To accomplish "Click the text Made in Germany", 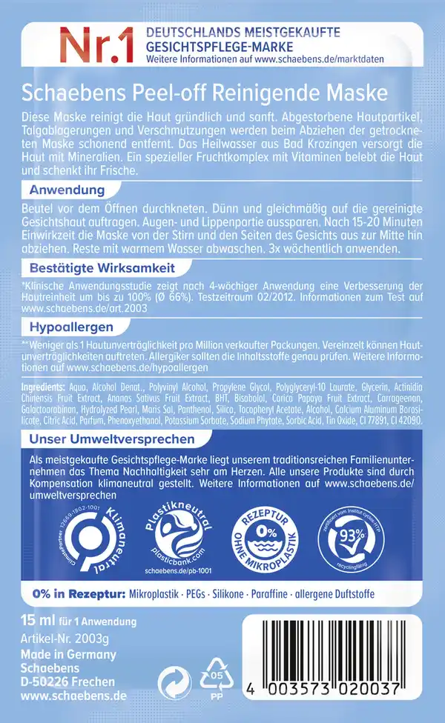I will coord(70,655).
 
